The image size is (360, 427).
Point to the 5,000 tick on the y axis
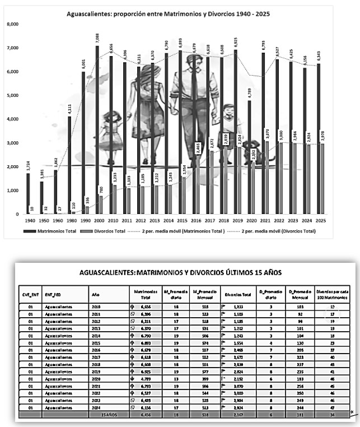[12, 95]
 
